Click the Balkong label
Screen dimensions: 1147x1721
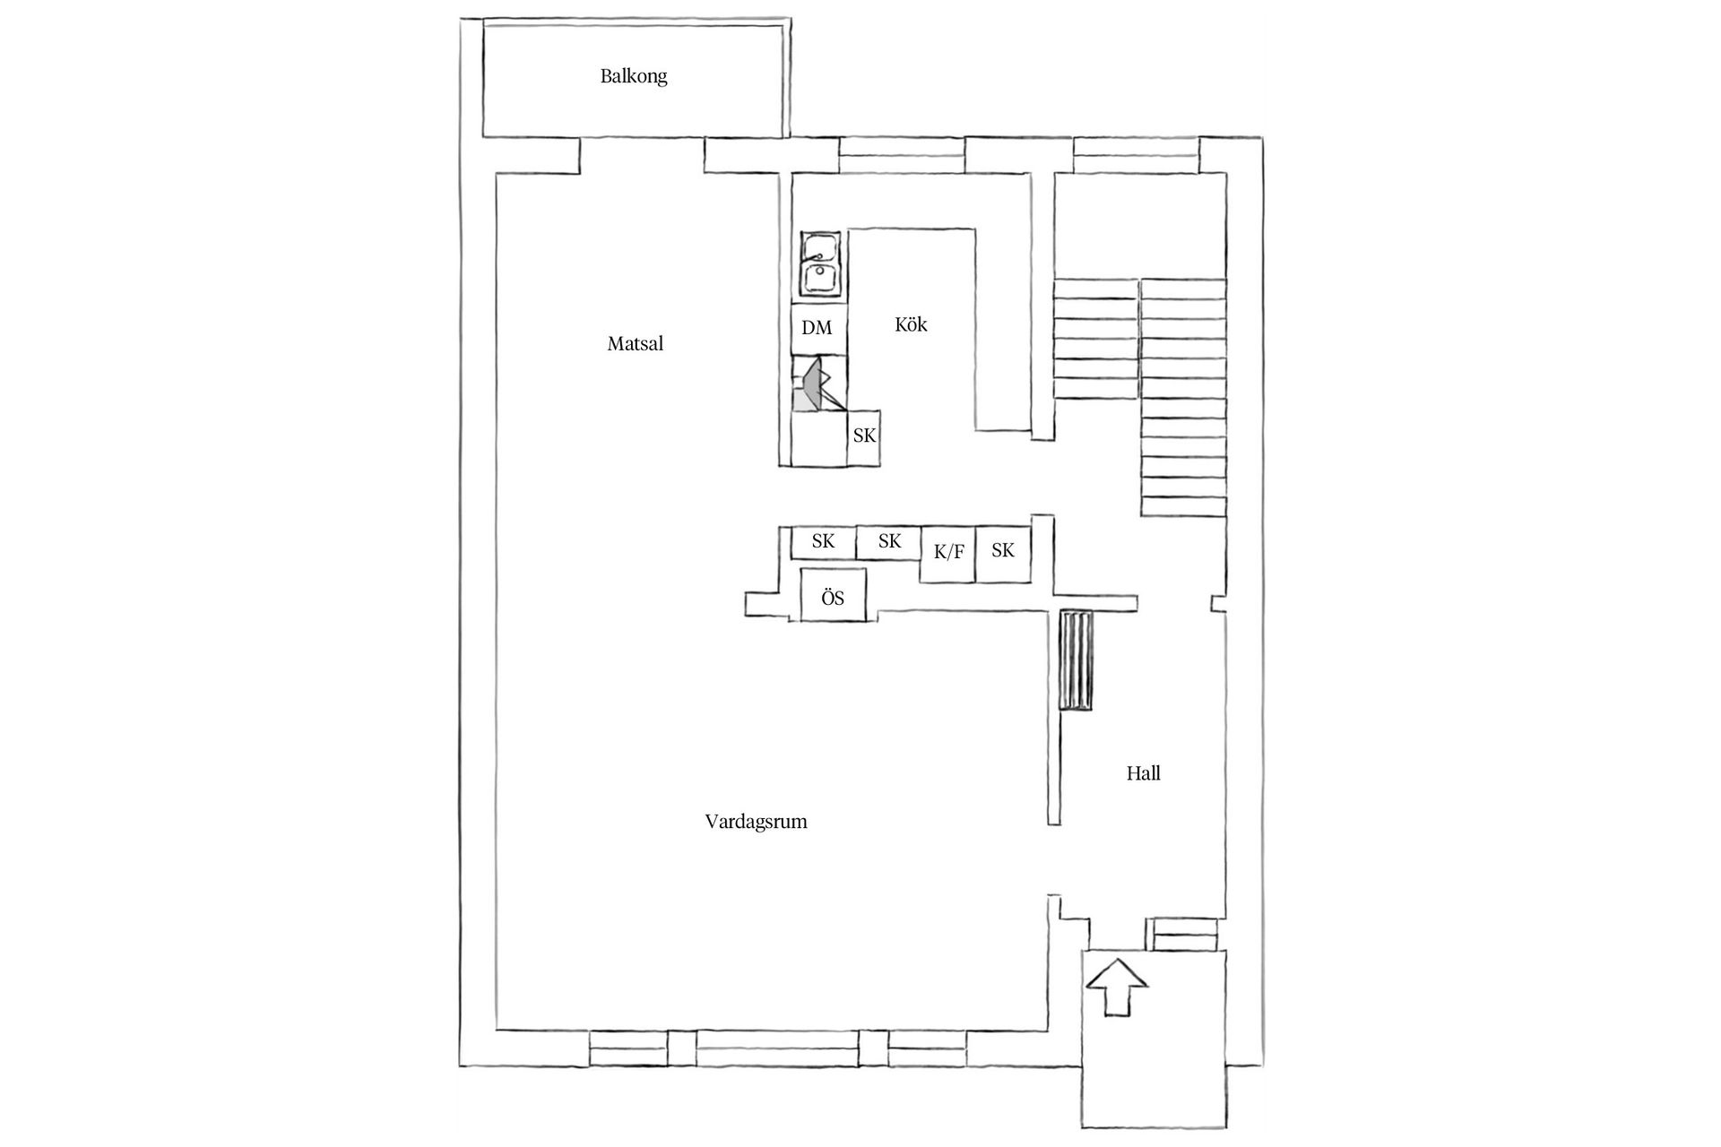pyautogui.click(x=634, y=76)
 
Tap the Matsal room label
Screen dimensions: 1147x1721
pyautogui.click(x=635, y=343)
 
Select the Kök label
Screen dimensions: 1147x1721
pyautogui.click(x=911, y=324)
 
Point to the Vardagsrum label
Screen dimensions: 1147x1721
pyautogui.click(x=756, y=822)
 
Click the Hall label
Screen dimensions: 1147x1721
pyautogui.click(x=1143, y=773)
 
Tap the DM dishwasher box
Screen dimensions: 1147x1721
pyautogui.click(x=817, y=328)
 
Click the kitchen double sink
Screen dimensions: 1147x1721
pyautogui.click(x=820, y=263)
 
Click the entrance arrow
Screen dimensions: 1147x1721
pyautogui.click(x=1117, y=986)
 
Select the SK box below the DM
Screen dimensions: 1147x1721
pyautogui.click(x=864, y=437)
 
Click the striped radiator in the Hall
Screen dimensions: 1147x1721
pyautogui.click(x=1076, y=660)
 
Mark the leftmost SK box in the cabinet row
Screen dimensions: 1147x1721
pyautogui.click(x=823, y=542)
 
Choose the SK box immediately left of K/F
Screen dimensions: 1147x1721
pyautogui.click(x=889, y=542)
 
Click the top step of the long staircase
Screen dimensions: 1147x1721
pyautogui.click(x=1182, y=289)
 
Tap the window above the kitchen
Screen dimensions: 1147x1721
pyautogui.click(x=901, y=154)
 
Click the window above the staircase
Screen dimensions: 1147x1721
pyautogui.click(x=1136, y=154)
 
